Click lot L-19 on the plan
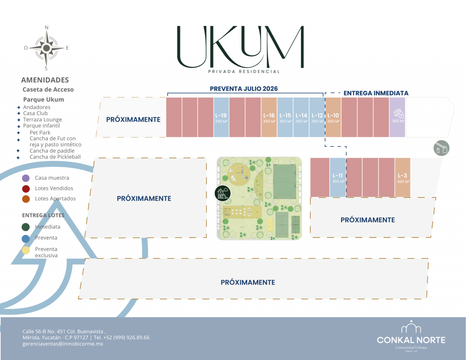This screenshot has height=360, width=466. tap(221, 117)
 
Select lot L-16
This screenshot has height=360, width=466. tap(269, 117)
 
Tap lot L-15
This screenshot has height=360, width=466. tap(285, 117)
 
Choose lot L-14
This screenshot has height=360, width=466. tap(301, 117)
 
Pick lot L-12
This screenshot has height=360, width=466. tap(317, 117)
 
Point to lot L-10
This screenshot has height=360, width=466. tap(333, 117)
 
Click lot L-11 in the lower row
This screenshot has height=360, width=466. tap(338, 177)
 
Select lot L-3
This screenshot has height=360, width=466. tap(402, 177)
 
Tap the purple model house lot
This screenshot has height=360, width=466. tap(398, 117)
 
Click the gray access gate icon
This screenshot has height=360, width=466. tap(442, 148)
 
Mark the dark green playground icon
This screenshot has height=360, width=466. tap(223, 193)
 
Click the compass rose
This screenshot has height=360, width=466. tap(47, 48)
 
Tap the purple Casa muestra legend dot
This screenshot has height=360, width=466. tap(26, 178)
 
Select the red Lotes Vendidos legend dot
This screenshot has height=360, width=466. tap(26, 189)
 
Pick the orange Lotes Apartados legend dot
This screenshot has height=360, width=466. tap(26, 199)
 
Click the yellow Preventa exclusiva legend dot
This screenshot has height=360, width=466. tap(26, 250)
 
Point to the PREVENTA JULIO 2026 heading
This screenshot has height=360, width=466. tap(244, 89)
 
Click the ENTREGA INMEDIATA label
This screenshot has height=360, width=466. tap(376, 93)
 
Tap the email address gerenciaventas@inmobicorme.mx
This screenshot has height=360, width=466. tap(63, 344)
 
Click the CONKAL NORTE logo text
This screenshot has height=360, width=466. tap(411, 340)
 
